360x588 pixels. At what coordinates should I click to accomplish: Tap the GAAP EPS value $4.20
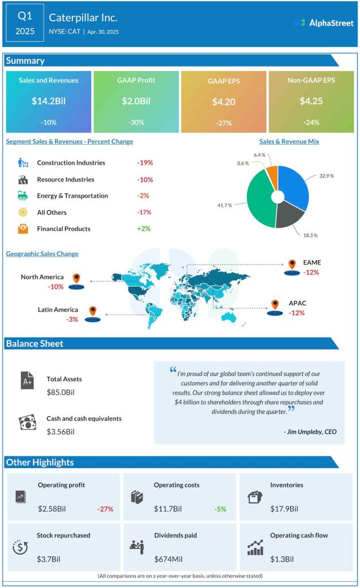point(223,101)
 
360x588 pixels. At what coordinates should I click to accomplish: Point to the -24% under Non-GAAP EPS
point(311,122)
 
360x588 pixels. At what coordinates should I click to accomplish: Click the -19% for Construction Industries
point(145,163)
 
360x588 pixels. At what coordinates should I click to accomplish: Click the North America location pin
point(76,279)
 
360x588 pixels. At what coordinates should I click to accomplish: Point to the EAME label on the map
point(312,263)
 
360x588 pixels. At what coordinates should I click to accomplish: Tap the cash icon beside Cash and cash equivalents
point(28,424)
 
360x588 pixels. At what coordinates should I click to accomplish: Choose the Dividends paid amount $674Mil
point(169,559)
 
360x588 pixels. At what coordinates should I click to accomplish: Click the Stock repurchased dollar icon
point(20,547)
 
